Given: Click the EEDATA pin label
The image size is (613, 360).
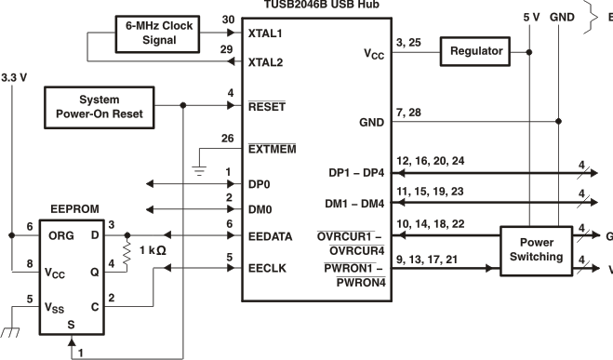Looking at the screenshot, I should pyautogui.click(x=271, y=236).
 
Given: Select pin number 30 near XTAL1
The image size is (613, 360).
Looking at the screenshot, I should pyautogui.click(x=228, y=19).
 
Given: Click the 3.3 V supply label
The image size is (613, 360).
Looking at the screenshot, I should pyautogui.click(x=16, y=77).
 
